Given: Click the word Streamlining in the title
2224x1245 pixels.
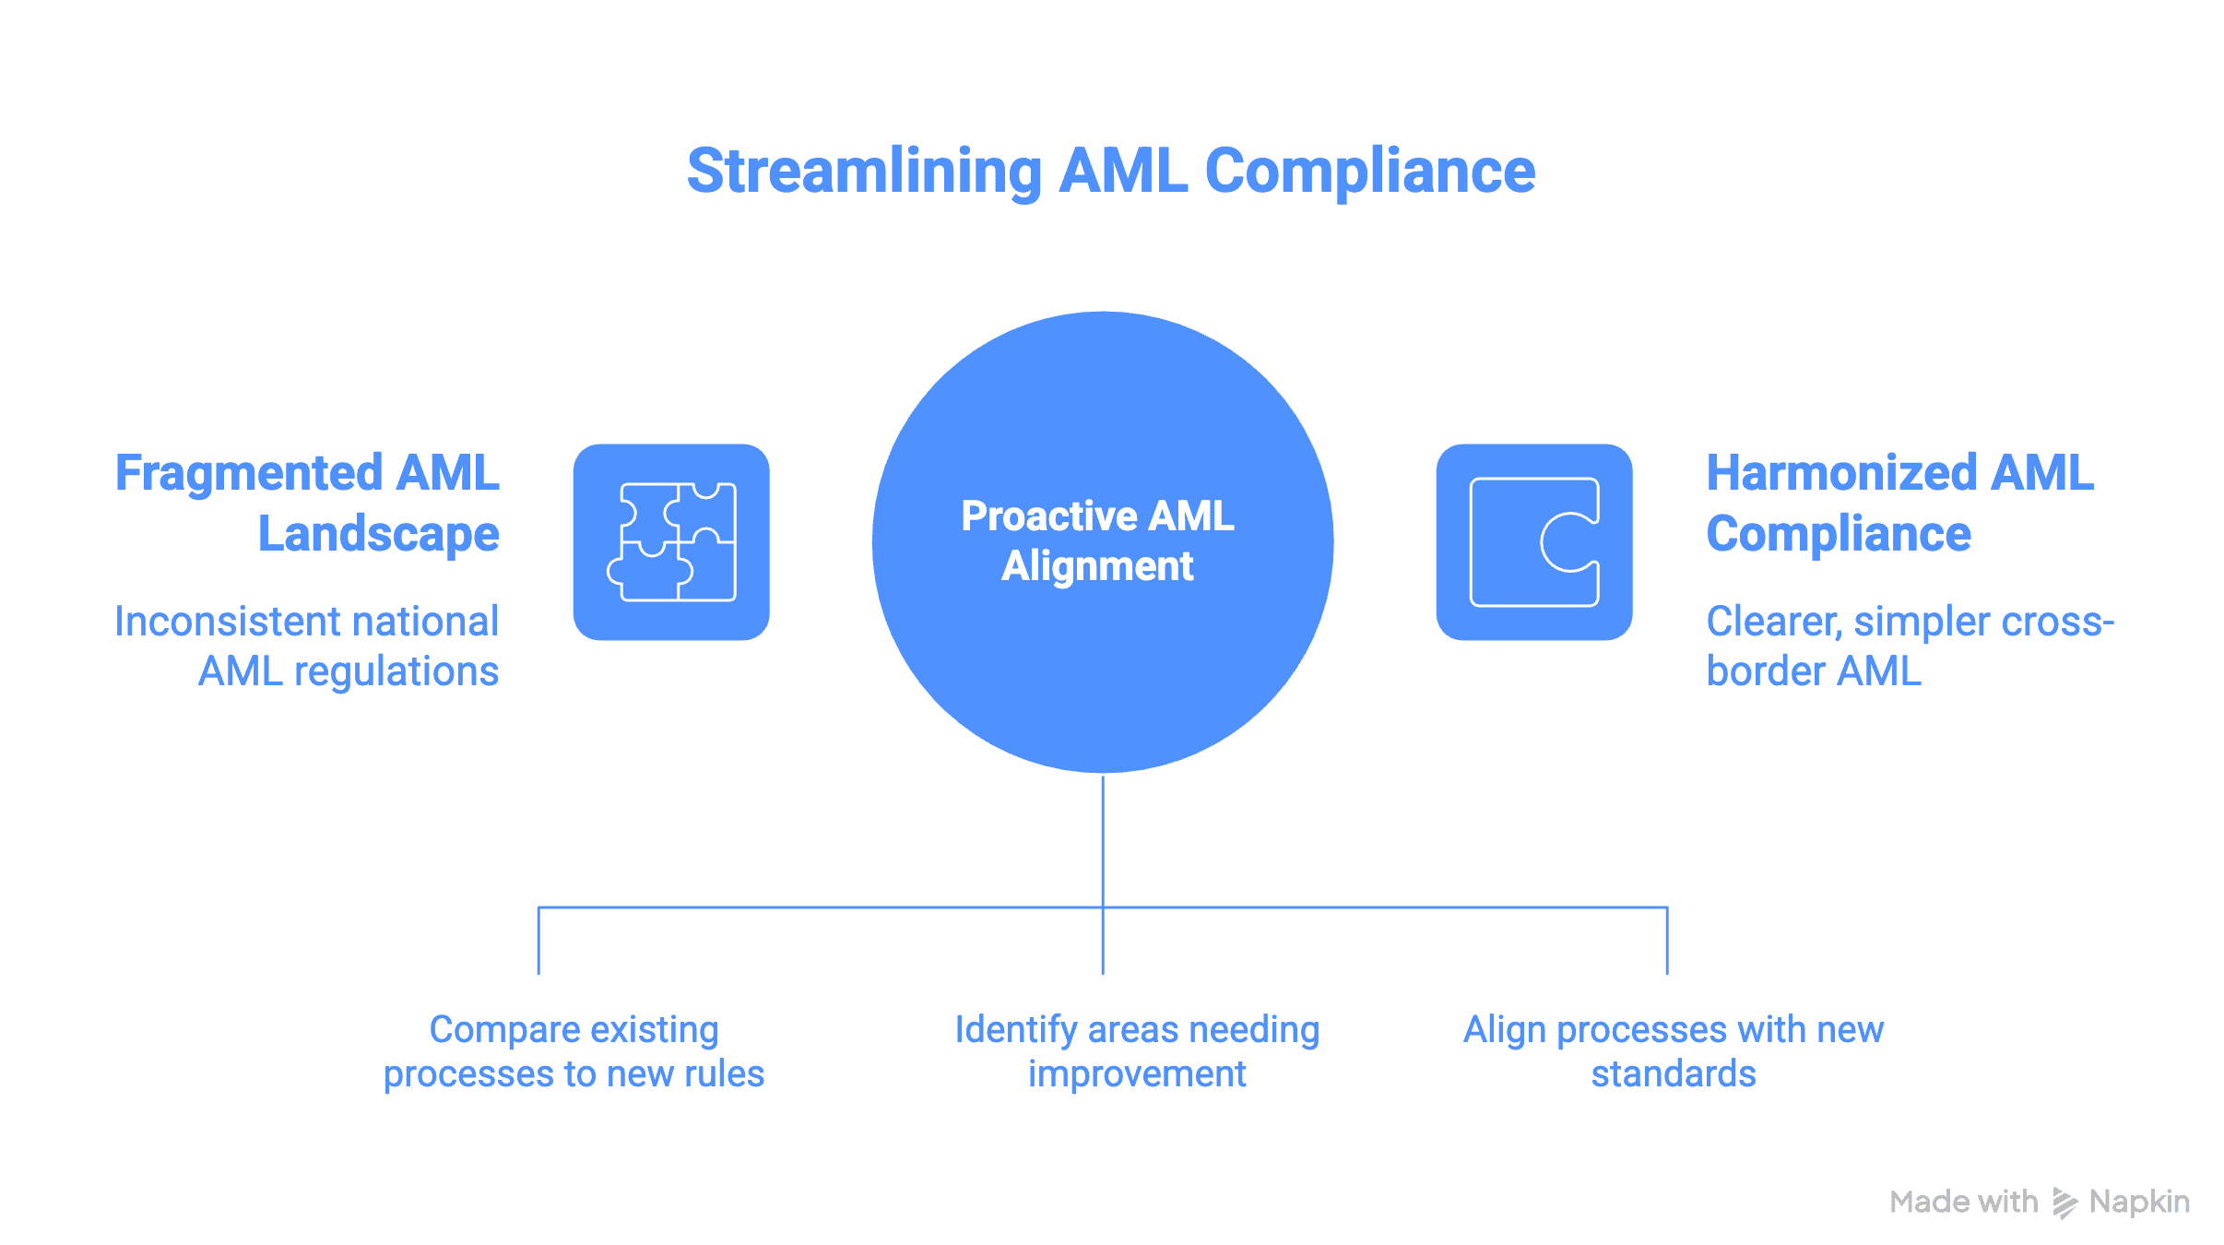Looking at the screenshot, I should tap(864, 172).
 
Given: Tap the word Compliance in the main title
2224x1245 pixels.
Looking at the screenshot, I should tap(1370, 172).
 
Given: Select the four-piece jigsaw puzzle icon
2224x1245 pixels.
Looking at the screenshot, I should tap(671, 542).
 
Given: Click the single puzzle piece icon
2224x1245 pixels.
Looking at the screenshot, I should tap(1534, 542).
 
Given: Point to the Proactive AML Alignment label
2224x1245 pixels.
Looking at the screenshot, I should tap(1097, 541).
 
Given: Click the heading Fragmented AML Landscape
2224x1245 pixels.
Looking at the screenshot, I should tap(307, 504).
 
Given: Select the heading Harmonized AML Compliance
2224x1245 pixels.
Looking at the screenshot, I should tap(1899, 504).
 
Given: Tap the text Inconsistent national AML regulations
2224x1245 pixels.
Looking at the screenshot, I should tap(307, 646).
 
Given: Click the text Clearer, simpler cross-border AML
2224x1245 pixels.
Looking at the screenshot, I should tap(1909, 646).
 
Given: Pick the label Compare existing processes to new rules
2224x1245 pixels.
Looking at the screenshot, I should tap(574, 1051).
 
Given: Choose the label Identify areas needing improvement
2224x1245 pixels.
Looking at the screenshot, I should tap(1137, 1051).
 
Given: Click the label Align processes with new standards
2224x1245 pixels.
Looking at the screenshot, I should tap(1673, 1051).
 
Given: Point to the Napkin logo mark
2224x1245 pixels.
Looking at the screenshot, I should tap(2064, 1203).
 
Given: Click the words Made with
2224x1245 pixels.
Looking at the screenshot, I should tap(1963, 1202).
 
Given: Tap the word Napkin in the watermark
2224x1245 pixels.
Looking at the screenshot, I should tap(2139, 1202).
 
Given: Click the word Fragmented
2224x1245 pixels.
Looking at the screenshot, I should tap(249, 474).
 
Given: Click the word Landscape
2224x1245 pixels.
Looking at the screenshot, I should tap(378, 535).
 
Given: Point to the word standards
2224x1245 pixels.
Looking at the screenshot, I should tap(1673, 1074).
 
